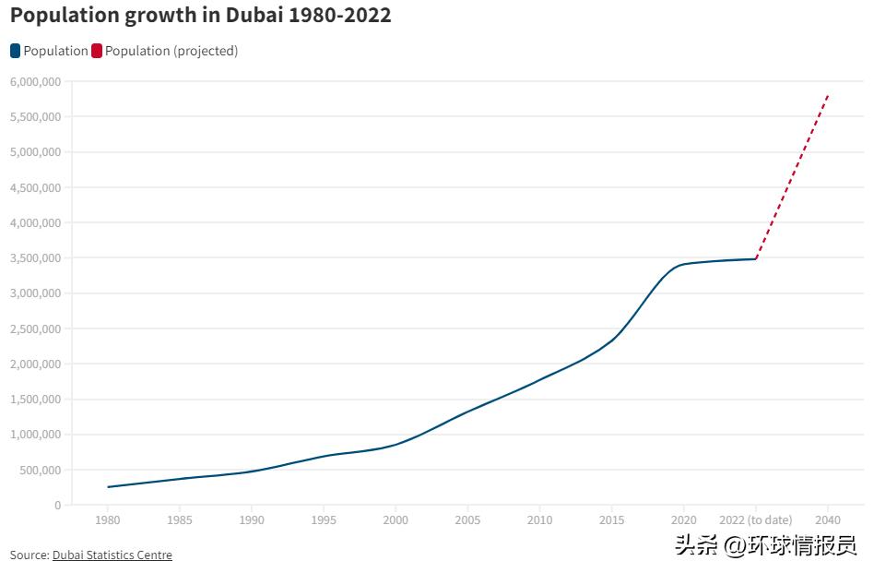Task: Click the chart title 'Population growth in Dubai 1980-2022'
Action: (200, 16)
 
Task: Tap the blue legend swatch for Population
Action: (16, 51)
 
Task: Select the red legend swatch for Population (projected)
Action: (97, 51)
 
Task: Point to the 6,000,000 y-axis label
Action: (35, 81)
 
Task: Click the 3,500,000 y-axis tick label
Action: (35, 258)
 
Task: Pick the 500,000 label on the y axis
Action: (40, 470)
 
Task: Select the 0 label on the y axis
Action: (57, 506)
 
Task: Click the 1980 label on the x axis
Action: (108, 520)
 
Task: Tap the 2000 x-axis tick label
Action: (396, 520)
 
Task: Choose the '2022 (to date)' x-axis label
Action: (756, 520)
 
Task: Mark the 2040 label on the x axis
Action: (828, 520)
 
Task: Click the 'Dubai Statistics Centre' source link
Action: (112, 555)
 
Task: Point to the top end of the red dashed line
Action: (828, 95)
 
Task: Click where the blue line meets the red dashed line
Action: (756, 258)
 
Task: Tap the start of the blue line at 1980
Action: (108, 487)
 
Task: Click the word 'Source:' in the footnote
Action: (30, 555)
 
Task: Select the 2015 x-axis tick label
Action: (611, 520)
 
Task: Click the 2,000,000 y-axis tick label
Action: (35, 364)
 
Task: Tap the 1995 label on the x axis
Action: (324, 520)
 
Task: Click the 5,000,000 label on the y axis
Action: (35, 152)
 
